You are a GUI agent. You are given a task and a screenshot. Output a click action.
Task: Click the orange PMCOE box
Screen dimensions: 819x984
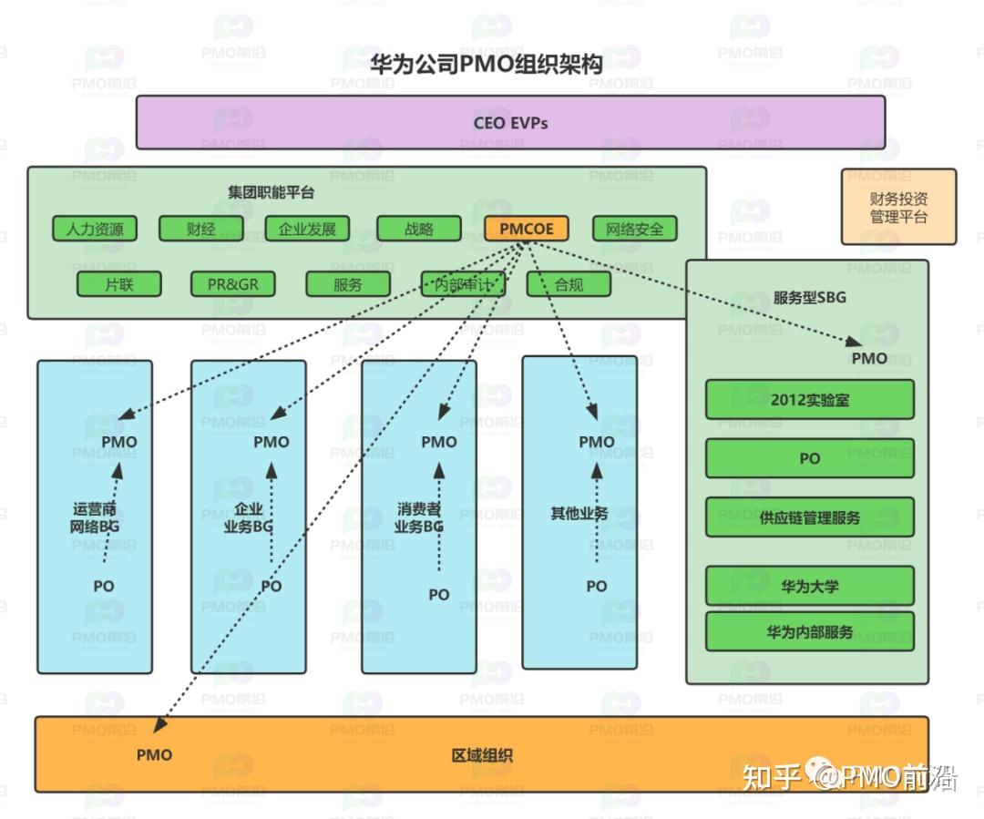527,229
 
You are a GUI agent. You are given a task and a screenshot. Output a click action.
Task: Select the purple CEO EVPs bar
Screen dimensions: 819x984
510,122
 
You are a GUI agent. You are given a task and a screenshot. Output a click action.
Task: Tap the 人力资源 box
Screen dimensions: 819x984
95,229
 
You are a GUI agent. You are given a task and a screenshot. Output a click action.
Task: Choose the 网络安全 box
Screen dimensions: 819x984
635,229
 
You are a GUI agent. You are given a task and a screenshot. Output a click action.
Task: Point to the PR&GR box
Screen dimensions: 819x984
232,284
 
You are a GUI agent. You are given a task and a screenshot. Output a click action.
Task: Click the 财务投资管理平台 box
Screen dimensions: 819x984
898,207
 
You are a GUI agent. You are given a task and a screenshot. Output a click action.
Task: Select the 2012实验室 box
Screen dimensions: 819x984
809,399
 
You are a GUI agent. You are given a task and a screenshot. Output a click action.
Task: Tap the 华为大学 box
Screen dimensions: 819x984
809,586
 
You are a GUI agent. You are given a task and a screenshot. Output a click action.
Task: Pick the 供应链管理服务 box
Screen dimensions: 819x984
809,517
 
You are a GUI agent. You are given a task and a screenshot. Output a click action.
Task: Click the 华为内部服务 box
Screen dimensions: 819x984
809,631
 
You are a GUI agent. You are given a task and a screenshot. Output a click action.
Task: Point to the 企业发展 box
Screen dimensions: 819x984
307,229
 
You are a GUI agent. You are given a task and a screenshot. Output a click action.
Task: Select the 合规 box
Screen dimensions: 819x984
569,284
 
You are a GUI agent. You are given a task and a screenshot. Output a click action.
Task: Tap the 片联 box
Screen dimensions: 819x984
119,284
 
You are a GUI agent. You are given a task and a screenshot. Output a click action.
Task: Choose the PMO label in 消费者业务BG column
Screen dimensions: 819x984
438,442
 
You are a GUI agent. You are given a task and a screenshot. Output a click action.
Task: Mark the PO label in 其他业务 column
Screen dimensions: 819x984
596,586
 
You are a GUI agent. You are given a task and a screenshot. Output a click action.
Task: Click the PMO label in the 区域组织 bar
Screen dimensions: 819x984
154,754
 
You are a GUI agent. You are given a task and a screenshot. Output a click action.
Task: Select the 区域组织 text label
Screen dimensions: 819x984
482,755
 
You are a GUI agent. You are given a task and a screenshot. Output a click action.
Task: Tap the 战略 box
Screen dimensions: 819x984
419,229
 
